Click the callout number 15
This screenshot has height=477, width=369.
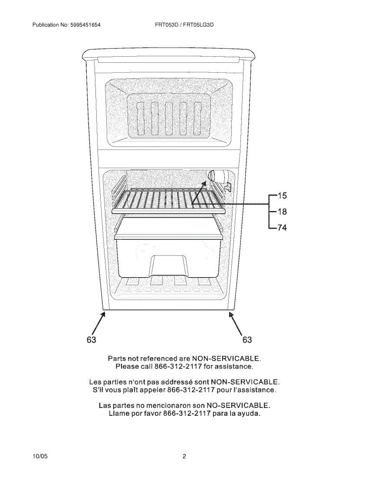pos(282,196)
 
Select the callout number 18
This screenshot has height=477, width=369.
pos(282,212)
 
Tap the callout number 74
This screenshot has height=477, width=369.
pos(282,228)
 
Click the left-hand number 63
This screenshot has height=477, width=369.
pos(92,340)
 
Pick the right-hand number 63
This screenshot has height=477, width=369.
pos(247,340)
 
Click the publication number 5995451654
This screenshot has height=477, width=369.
pos(85,25)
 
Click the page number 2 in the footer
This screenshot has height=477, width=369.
pos(184,456)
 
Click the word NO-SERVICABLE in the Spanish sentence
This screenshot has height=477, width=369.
pos(238,406)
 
